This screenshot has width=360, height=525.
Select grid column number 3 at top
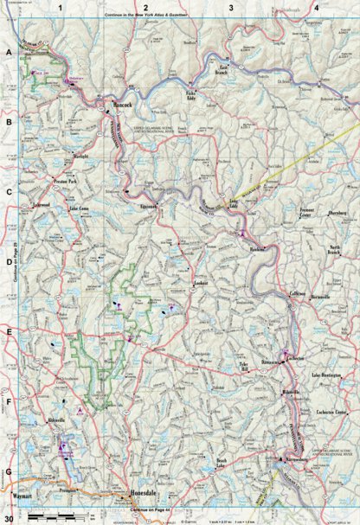(x=231, y=7)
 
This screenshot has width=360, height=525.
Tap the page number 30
(x=8, y=518)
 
